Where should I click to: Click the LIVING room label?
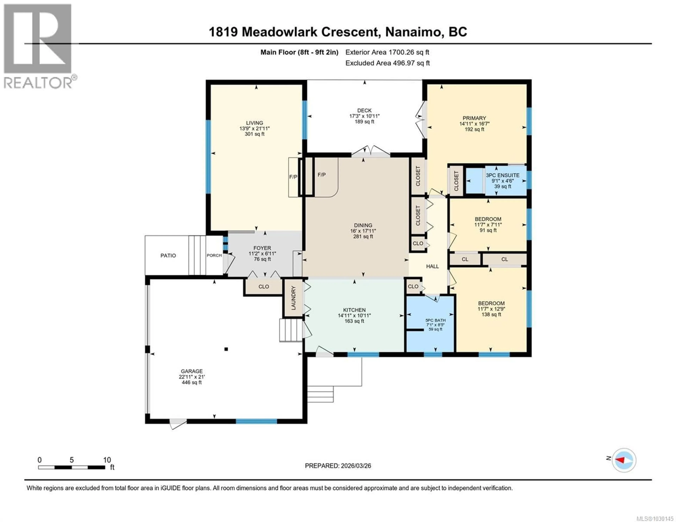[254, 123]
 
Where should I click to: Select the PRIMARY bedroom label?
[474, 118]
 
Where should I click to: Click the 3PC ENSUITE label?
[502, 175]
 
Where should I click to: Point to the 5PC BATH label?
[436, 320]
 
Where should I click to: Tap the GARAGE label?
[192, 371]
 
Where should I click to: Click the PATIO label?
[168, 256]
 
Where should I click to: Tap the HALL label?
[432, 266]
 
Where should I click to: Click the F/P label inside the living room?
[293, 177]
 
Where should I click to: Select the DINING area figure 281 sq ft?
[363, 237]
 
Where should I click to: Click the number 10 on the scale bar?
[107, 460]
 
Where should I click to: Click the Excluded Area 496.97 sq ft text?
[387, 63]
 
